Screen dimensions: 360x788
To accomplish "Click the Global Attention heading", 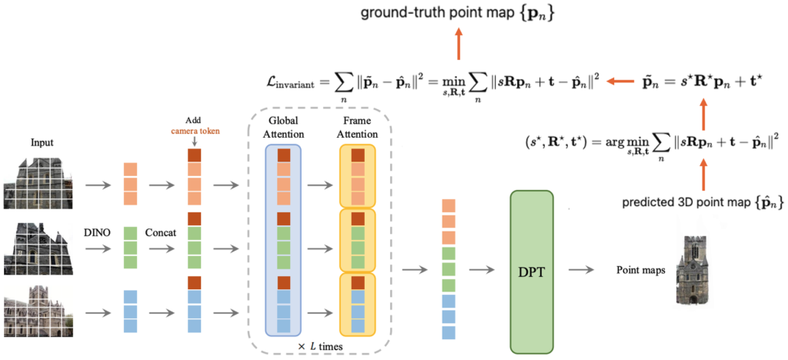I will coord(283,127).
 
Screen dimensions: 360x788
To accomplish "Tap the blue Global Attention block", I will coord(283,239).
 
